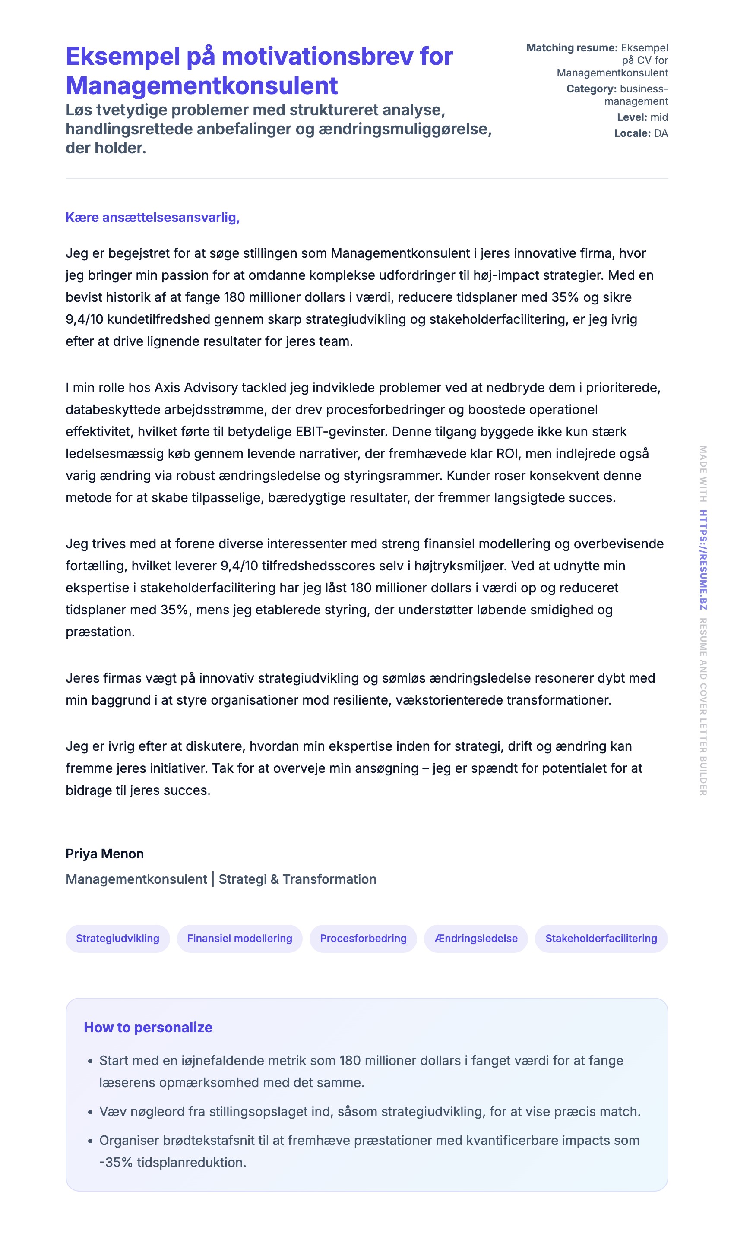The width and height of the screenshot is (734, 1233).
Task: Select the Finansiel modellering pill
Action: [x=239, y=938]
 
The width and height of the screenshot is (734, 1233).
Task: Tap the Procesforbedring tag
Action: [x=363, y=938]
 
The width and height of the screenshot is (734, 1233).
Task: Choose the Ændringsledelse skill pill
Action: [x=476, y=938]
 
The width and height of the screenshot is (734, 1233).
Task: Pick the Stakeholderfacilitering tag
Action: [x=601, y=938]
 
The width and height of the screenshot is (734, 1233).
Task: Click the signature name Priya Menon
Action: [x=105, y=854]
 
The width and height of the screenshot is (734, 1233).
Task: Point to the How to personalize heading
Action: [x=148, y=1027]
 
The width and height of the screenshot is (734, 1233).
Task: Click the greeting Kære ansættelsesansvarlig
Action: [x=152, y=218]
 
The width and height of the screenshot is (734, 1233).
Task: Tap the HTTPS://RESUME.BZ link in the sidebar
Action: [x=703, y=560]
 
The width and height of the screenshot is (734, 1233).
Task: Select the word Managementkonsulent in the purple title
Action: [x=202, y=85]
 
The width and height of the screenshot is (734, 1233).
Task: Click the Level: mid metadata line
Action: [x=642, y=117]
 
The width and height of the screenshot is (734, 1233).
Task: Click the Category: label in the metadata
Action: [x=591, y=89]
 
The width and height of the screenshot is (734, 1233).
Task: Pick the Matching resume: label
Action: [x=572, y=48]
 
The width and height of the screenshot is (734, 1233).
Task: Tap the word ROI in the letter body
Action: [x=506, y=454]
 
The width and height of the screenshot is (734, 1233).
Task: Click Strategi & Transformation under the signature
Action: [x=297, y=879]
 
